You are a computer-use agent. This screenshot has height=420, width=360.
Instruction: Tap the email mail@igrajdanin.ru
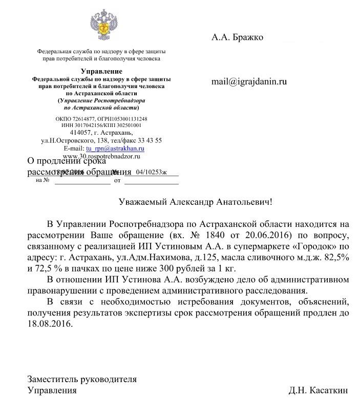(x=249, y=81)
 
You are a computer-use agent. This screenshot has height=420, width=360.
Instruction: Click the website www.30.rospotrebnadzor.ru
(x=101, y=155)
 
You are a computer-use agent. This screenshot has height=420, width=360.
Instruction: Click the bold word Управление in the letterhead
(x=101, y=71)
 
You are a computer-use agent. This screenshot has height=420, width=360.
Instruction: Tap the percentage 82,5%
(x=336, y=258)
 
